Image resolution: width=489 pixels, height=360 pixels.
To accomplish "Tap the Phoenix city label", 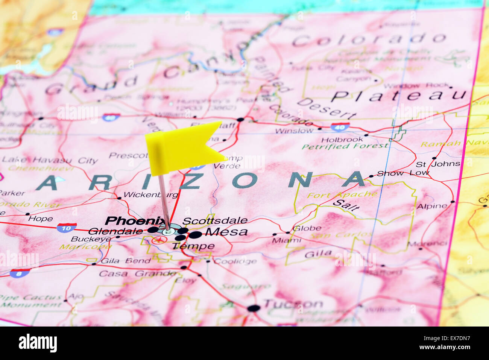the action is (135, 220).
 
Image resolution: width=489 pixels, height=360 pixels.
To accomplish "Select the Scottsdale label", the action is (215, 220).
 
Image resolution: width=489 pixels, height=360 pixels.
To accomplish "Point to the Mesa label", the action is (226, 232).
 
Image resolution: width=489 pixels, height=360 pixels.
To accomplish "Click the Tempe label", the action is (193, 246).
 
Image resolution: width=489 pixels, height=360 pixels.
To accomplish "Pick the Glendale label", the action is (115, 231).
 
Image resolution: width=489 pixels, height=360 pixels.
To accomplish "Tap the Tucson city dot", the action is (254, 308).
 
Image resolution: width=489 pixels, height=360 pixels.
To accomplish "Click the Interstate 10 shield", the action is (67, 227).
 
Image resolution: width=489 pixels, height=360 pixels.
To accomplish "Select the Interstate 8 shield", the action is (20, 273).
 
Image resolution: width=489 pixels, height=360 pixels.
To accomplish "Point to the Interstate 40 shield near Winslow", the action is (340, 127).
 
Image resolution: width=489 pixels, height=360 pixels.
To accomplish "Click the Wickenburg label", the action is (151, 195).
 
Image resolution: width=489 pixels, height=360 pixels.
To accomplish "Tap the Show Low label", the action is (403, 173).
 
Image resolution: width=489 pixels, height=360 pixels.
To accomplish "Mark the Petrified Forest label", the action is (345, 146).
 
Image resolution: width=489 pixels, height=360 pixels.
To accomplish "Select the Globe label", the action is (307, 228).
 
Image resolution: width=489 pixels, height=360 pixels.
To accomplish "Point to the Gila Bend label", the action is (120, 261).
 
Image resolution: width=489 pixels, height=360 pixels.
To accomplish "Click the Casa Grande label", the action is (137, 273).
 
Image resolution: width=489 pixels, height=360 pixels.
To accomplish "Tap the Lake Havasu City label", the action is (50, 160).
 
